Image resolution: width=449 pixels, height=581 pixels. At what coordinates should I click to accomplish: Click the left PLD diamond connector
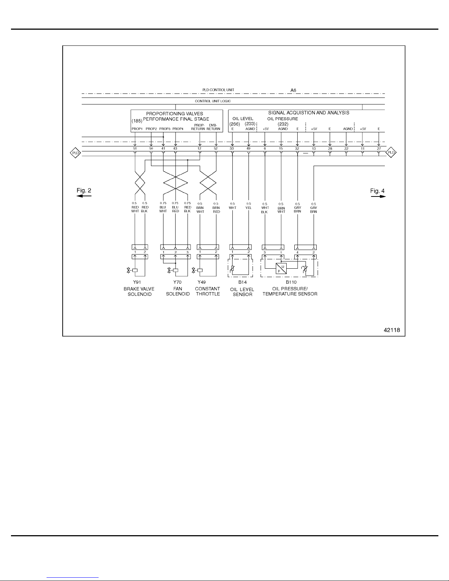tap(76, 153)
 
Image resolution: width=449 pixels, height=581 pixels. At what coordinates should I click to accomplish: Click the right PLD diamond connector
tap(391, 152)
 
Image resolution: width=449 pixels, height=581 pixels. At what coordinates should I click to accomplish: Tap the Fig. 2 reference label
tap(84, 190)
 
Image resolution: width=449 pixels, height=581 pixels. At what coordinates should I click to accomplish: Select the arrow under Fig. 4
tap(378, 196)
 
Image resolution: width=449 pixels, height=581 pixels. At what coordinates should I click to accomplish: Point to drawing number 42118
tap(392, 330)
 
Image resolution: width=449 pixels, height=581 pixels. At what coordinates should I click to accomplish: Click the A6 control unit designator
tap(293, 91)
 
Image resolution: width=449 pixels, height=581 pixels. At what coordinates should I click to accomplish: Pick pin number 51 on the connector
tap(135, 148)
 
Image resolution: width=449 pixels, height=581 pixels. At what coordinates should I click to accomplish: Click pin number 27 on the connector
tap(379, 148)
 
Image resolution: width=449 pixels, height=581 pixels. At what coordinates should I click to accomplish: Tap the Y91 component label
tap(137, 282)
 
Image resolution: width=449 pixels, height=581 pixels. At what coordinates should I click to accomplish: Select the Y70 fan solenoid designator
tap(177, 282)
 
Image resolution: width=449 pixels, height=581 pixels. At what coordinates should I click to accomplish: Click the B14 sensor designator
tap(242, 282)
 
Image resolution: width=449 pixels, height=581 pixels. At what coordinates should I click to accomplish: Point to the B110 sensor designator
tap(291, 282)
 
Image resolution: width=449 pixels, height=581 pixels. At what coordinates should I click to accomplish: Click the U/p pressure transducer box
tap(281, 268)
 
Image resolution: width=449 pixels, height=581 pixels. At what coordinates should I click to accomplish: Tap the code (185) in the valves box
tap(137, 121)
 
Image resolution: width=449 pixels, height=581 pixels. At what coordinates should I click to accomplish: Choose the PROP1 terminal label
tap(137, 129)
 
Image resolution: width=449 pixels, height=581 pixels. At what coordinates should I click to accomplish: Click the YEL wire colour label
tap(248, 208)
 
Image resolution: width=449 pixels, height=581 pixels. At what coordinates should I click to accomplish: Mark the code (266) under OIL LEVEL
tap(235, 124)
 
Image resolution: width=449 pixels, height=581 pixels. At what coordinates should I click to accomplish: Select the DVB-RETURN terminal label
tap(213, 127)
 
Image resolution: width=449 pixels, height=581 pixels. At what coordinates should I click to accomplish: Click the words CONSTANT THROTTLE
tap(208, 291)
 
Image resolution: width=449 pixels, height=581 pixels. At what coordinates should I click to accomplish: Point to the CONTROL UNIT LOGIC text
tap(213, 101)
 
